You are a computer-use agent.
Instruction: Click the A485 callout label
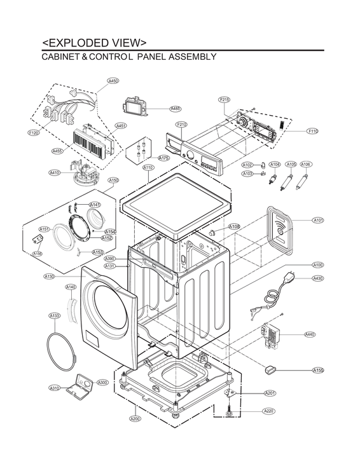coord(176,109)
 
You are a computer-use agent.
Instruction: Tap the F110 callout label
coord(312,131)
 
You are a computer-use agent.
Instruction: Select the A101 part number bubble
coord(318,220)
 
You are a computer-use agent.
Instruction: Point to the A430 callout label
coord(318,278)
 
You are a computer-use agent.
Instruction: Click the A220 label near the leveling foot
coord(270,411)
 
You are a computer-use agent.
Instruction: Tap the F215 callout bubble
coord(225,100)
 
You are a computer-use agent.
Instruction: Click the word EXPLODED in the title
coord(81,43)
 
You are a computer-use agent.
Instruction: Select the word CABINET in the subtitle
coord(63,57)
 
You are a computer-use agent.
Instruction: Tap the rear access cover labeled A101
coord(279,226)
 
